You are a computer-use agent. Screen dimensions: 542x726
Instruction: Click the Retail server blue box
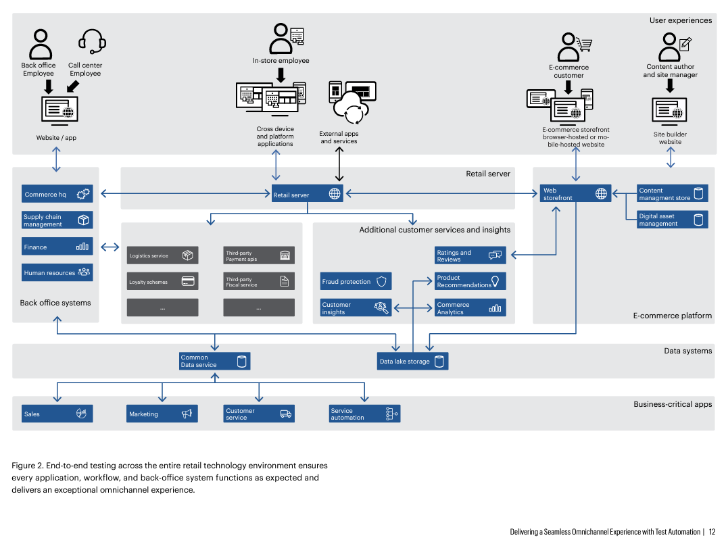click(307, 193)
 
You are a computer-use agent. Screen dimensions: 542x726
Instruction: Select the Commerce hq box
click(57, 194)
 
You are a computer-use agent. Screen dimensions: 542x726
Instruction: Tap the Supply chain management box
click(57, 220)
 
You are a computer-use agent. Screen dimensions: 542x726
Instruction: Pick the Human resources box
click(57, 272)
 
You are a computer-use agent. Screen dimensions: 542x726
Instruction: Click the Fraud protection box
click(356, 281)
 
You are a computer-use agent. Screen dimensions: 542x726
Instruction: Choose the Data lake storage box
click(412, 361)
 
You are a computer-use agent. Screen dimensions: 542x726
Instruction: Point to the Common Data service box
click(214, 361)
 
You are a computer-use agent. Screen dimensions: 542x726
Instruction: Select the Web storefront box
click(575, 193)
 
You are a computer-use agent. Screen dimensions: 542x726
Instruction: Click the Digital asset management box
click(672, 220)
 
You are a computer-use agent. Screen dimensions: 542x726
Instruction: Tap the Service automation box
click(364, 414)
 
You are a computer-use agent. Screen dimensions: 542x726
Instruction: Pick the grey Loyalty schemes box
click(162, 282)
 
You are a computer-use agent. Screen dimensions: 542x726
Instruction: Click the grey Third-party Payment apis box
click(259, 255)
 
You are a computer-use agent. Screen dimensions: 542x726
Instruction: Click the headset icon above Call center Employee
click(92, 41)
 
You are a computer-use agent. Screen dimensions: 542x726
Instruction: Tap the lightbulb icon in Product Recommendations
click(495, 281)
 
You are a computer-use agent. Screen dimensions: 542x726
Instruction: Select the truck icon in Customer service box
click(286, 414)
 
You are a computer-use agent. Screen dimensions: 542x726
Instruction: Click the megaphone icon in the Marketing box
click(187, 414)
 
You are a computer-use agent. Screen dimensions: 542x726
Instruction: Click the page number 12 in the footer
click(712, 532)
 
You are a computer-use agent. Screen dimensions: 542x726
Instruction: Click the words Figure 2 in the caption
click(26, 466)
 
